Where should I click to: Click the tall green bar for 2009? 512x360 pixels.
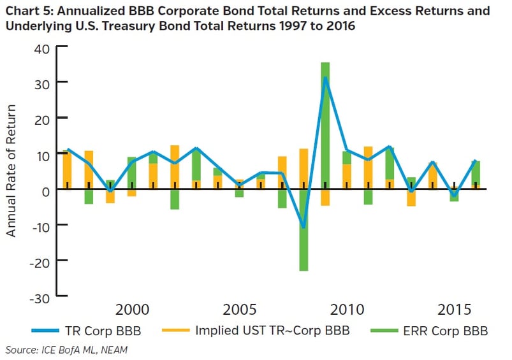click(x=325, y=127)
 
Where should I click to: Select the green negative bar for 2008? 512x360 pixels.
click(x=304, y=229)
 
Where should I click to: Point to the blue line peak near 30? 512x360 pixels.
click(x=325, y=78)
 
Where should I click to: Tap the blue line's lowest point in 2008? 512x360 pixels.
click(x=304, y=227)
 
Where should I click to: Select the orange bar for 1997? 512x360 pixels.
click(x=67, y=169)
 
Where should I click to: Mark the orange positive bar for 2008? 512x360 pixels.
click(x=304, y=168)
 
